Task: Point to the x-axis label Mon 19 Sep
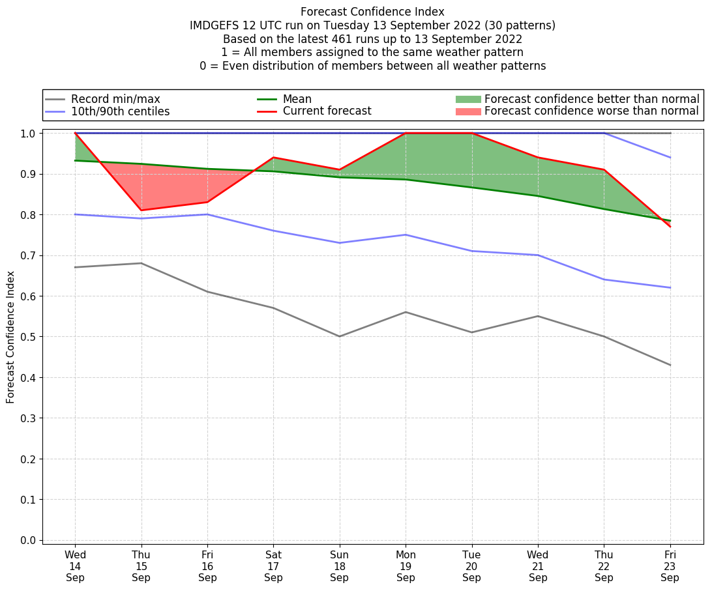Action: [406, 566]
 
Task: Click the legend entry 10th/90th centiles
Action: [120, 111]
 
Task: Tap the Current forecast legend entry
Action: [327, 111]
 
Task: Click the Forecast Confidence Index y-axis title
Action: [11, 337]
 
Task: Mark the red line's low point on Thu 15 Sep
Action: [141, 210]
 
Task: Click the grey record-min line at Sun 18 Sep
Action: [340, 336]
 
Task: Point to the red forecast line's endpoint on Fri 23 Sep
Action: [670, 226]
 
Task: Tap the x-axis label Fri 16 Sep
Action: [207, 566]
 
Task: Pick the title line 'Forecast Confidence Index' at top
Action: [372, 12]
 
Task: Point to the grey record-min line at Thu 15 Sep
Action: [141, 263]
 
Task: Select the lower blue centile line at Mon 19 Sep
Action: [406, 235]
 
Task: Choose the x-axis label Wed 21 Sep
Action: [538, 566]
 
